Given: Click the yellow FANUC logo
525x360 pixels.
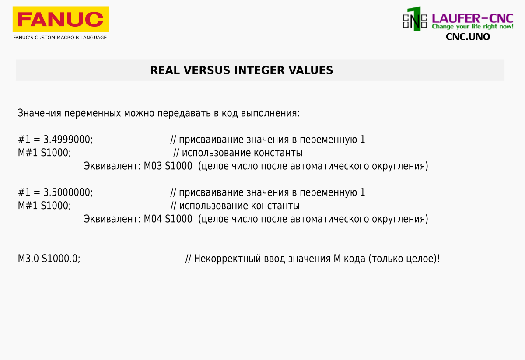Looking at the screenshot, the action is click(61, 19).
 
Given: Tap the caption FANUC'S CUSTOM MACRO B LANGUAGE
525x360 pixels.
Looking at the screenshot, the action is click(60, 38).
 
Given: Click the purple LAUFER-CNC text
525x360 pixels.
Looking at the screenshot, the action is click(472, 18).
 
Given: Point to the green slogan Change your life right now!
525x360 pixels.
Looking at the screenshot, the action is click(472, 27).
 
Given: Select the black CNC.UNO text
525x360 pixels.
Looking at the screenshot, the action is click(468, 37).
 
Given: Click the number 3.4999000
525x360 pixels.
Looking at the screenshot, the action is click(67, 140).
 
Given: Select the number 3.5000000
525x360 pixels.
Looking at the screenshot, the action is click(67, 192).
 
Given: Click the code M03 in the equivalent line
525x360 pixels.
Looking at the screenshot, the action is click(153, 166).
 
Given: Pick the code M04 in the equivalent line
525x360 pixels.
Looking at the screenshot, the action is click(153, 219).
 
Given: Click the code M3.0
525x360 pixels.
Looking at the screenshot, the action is click(28, 259).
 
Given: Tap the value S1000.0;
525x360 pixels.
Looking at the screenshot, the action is click(61, 259).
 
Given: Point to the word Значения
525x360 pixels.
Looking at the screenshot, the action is click(39, 113).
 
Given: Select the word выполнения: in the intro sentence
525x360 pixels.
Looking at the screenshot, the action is click(270, 113).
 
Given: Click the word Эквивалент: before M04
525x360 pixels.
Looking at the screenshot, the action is click(112, 219).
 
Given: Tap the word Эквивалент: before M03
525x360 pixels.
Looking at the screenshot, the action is click(112, 166).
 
